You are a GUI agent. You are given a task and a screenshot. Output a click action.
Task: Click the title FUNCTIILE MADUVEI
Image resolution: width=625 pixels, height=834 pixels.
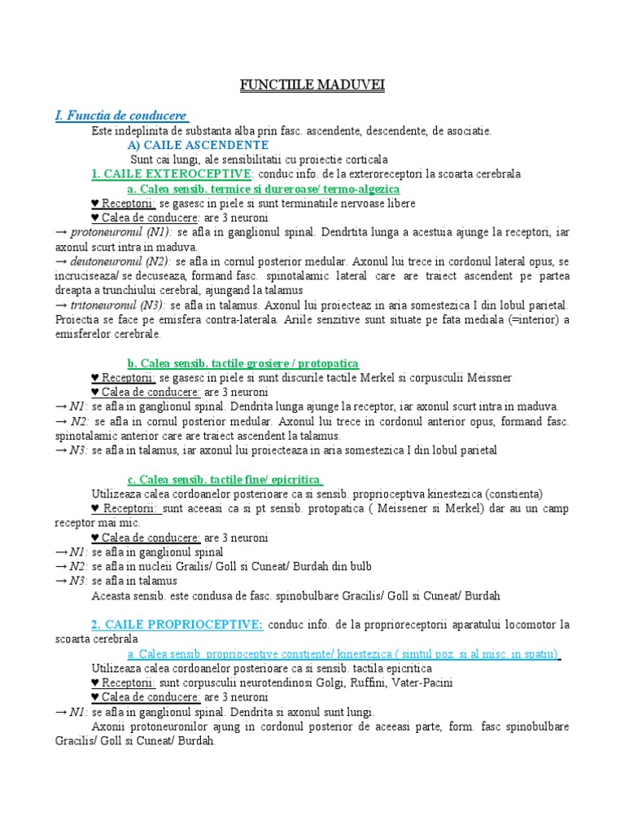coord(312,86)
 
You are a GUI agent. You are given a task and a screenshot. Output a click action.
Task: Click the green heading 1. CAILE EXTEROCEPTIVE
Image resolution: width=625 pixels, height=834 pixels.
coord(173,174)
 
